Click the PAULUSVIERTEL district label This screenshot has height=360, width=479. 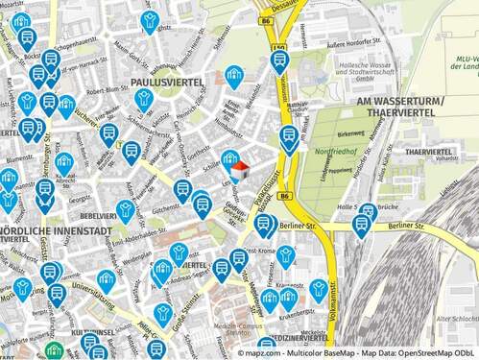point(167,84)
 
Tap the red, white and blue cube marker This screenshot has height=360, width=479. point(240,171)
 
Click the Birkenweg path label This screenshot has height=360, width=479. point(351,134)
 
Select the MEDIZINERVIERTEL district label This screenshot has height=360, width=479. point(299,338)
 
